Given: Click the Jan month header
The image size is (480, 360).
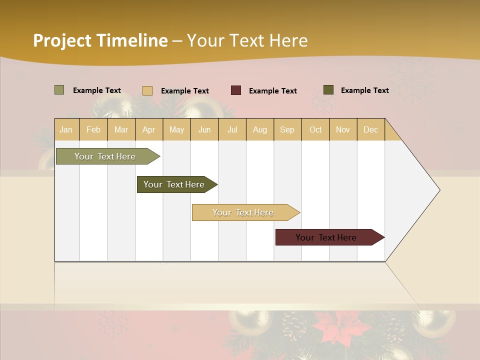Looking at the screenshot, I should click(66, 129).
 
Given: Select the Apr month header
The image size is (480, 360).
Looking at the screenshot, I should click(149, 129).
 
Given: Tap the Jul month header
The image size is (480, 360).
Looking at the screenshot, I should click(232, 129).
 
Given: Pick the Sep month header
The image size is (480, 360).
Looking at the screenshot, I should click(287, 129).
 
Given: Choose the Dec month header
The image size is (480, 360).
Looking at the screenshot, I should click(370, 129).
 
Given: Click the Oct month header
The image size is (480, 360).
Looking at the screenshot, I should click(315, 129).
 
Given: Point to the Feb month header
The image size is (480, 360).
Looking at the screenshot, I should click(93, 129).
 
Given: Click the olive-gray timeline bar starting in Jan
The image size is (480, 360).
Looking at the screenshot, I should click(105, 156).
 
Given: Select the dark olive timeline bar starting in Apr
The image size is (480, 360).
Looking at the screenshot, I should click(174, 184).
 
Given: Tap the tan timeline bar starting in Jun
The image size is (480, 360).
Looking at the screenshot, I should click(243, 212).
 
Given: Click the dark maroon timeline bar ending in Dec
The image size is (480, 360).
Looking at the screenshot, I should click(326, 237).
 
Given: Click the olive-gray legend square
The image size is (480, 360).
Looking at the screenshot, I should click(59, 90).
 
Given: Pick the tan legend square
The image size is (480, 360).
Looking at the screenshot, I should click(147, 90).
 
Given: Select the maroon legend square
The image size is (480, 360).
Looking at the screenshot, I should click(236, 90).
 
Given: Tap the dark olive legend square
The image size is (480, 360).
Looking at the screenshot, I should click(328, 90).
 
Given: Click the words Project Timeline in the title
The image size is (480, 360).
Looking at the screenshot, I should click(100, 40).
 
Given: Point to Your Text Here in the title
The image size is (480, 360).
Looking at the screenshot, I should click(247, 40).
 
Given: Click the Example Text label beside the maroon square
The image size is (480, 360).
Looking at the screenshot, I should click(272, 91).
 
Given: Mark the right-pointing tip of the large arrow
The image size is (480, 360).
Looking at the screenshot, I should click(439, 190).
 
